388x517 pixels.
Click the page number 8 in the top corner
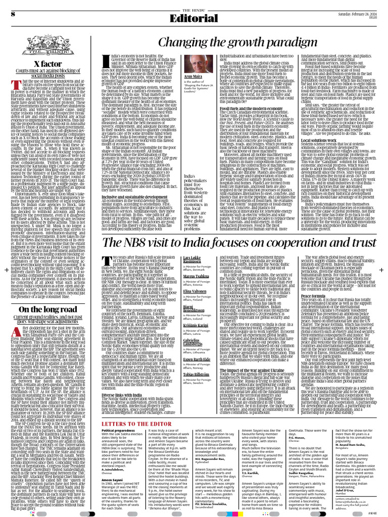[12, 13]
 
